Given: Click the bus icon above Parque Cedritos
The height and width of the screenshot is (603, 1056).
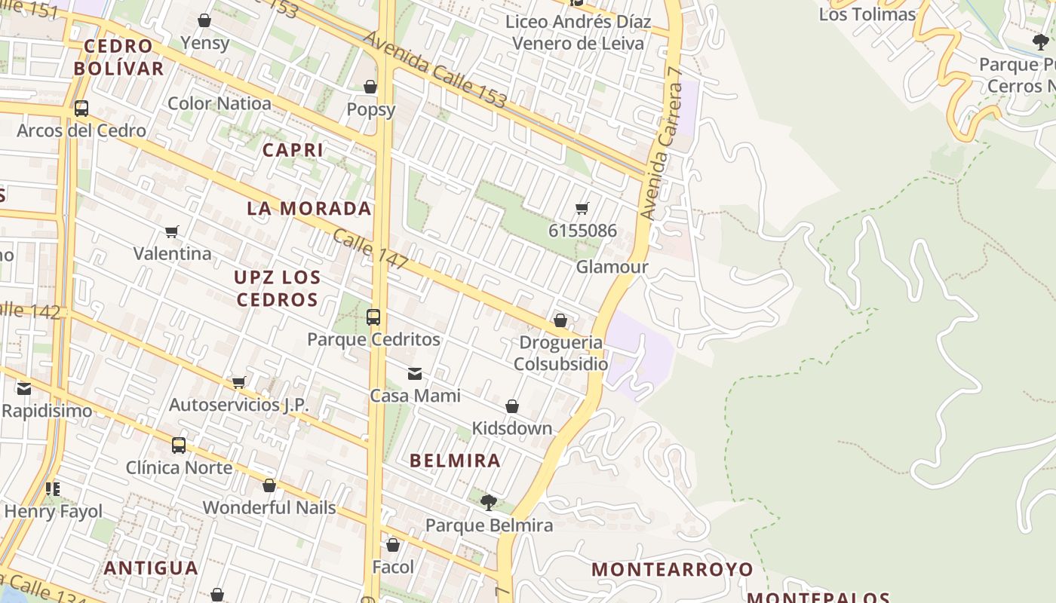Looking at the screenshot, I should click(373, 317).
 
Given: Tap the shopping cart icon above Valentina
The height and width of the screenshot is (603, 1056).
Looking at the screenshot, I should click(172, 231).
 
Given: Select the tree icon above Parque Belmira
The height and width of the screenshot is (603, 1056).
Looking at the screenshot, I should click(489, 502).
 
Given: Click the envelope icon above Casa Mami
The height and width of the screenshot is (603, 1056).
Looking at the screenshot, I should click(415, 374).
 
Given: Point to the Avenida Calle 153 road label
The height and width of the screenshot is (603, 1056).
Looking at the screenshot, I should click(435, 70).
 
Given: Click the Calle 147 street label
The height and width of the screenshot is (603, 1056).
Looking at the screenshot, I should click(370, 249).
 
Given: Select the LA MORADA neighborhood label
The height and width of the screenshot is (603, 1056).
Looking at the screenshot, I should click(309, 209).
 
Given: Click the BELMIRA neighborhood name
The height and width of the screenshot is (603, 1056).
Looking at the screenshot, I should click(455, 461).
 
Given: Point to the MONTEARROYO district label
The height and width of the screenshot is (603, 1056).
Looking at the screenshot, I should click(672, 569).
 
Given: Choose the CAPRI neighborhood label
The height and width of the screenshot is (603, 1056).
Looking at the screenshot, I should click(293, 150).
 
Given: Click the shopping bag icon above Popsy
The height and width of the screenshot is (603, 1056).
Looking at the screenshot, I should click(370, 87).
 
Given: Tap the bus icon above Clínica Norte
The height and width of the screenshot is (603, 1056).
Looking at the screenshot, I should click(178, 445).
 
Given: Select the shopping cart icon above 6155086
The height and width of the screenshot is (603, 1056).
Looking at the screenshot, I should click(582, 208).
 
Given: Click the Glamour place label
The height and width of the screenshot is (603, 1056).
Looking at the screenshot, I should click(612, 268).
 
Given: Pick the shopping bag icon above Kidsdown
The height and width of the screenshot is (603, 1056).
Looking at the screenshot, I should click(512, 407).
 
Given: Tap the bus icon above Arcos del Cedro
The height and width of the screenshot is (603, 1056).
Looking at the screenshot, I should click(81, 109).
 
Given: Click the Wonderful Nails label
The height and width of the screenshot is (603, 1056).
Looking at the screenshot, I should click(269, 507).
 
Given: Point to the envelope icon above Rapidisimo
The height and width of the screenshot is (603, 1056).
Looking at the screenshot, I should click(24, 389).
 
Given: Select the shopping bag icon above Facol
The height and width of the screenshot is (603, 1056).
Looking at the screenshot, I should click(393, 545).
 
